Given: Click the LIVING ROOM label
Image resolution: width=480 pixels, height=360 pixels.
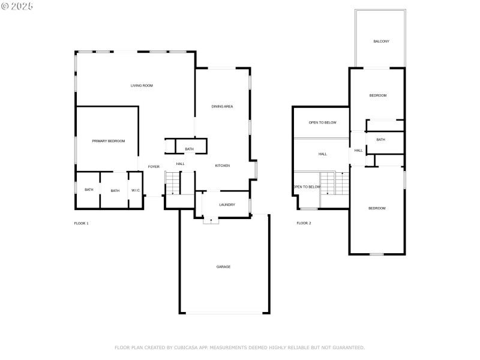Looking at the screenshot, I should click(x=142, y=86).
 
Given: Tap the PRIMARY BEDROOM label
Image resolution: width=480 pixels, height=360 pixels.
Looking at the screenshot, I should click(x=108, y=141).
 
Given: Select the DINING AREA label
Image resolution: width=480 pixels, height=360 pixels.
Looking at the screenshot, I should click(x=222, y=106).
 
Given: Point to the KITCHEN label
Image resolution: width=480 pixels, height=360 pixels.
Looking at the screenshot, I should click(x=222, y=166).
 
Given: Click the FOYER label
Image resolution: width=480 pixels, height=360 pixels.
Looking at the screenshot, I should click(x=154, y=166).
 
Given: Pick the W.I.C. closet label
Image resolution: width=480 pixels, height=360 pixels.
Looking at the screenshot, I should click(x=136, y=190).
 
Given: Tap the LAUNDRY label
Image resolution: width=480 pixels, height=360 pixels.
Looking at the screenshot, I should click(x=227, y=205).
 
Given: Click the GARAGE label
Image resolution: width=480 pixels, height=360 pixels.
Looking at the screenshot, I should click(x=223, y=266).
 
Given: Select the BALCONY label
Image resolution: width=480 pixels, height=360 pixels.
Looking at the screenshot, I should click(x=381, y=41).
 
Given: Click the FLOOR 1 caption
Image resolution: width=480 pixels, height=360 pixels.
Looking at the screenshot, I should click(x=81, y=223).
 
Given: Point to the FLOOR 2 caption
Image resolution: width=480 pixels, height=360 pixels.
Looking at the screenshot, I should click(x=304, y=223).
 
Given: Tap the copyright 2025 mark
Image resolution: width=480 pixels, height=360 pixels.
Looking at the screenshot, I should click(x=17, y=5).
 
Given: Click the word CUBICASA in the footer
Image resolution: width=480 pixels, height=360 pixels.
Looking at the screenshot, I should click(x=187, y=347).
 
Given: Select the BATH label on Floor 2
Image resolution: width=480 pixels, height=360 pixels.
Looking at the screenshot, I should click(x=380, y=140).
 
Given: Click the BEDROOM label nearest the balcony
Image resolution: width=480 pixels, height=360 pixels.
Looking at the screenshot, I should click(x=377, y=96).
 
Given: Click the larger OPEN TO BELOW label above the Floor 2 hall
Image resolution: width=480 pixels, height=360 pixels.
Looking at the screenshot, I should click(x=322, y=122).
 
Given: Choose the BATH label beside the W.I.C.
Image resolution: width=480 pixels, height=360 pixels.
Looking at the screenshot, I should click(x=115, y=190).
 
